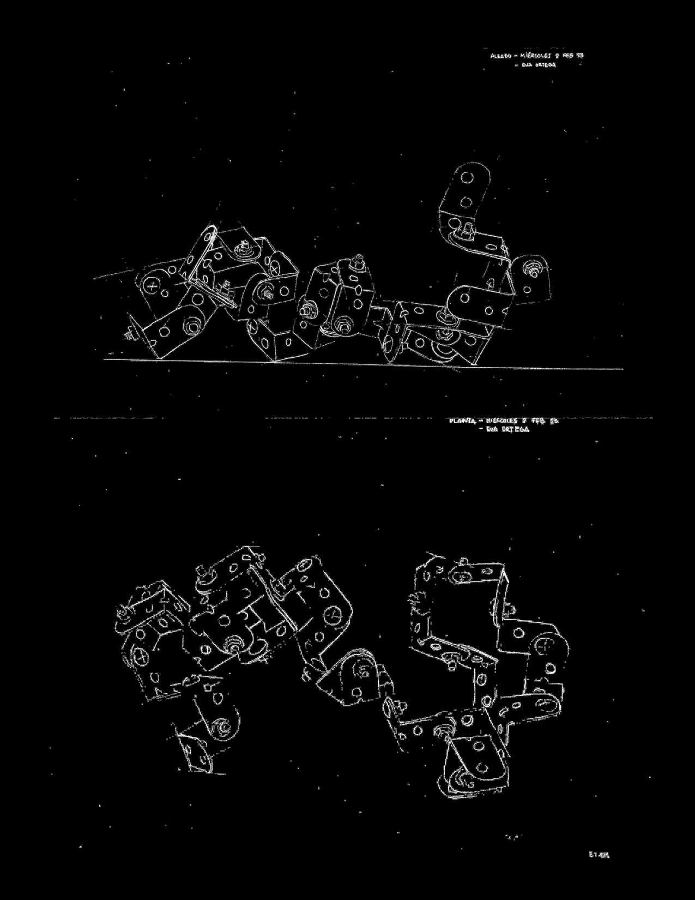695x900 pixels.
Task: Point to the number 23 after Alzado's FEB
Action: coord(581,55)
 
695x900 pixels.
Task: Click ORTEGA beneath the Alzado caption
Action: coord(545,65)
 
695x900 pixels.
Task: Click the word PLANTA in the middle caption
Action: coord(463,421)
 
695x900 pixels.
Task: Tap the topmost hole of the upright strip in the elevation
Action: coord(467,177)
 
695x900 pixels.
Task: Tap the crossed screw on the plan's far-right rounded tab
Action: coord(547,645)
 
